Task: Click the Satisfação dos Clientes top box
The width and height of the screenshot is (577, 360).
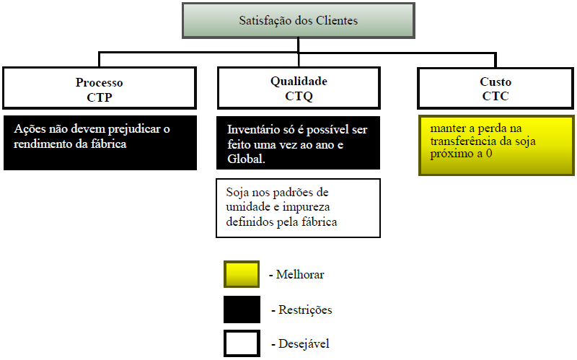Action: click(x=298, y=21)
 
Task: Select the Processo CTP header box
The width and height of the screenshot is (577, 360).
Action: click(x=100, y=88)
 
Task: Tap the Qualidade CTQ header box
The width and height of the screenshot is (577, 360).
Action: click(x=299, y=88)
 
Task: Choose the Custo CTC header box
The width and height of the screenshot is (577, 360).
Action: click(x=495, y=88)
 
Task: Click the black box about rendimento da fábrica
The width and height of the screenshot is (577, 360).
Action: click(x=100, y=142)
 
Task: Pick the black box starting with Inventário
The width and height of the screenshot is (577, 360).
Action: click(x=299, y=142)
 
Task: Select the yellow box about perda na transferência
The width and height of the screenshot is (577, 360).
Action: click(x=495, y=144)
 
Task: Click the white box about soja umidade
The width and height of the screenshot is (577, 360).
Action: click(x=299, y=208)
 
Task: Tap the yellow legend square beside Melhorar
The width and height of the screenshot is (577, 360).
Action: click(x=242, y=275)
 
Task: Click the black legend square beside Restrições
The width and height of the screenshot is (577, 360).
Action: click(x=242, y=309)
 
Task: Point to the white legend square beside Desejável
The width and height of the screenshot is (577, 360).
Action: click(x=242, y=343)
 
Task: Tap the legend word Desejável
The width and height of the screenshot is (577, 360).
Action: click(x=303, y=344)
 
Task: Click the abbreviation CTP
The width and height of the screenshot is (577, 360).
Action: click(x=100, y=95)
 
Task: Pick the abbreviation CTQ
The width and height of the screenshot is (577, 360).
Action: click(x=299, y=95)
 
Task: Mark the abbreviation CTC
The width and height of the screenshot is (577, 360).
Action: click(x=495, y=95)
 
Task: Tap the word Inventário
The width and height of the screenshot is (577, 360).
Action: click(x=253, y=130)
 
